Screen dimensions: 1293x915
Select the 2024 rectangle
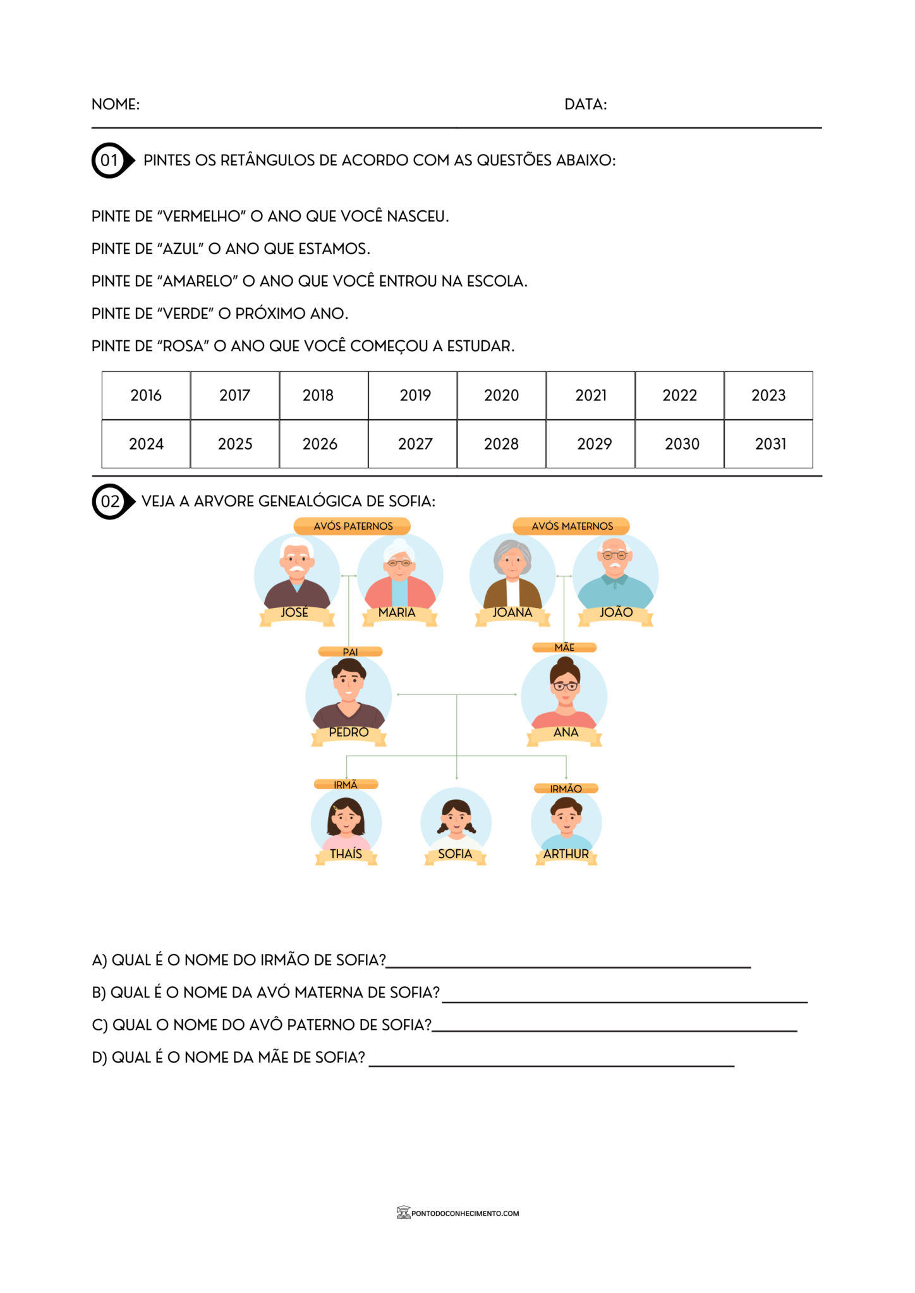146,444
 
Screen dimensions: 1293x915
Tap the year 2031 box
769,444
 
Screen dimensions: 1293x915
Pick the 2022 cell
679,396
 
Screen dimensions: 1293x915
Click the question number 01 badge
110,160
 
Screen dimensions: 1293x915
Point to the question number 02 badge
111,502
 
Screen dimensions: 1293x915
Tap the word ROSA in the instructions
183,347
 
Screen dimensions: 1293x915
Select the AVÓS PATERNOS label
353,526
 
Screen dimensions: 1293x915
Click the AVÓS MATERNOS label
571,526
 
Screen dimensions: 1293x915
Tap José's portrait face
296,559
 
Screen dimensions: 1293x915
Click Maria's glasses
399,563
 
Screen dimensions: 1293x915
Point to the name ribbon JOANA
512,614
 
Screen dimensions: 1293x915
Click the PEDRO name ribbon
349,733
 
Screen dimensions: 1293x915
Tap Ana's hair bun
565,663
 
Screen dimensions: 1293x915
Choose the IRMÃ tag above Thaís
346,785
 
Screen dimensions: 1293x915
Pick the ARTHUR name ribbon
566,855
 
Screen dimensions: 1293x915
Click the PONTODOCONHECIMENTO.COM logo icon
403,1212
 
